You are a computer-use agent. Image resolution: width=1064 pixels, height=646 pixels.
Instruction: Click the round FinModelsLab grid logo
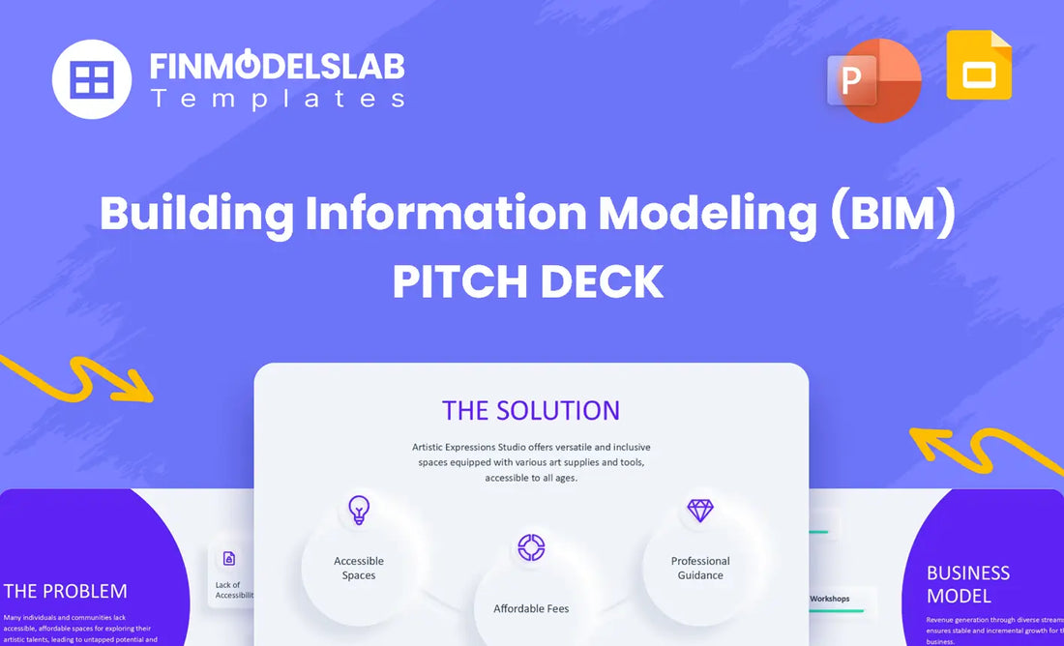(91, 79)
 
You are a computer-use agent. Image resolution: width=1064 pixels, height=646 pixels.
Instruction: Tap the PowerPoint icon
(873, 80)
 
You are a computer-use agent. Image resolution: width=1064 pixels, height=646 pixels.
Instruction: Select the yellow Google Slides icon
(979, 66)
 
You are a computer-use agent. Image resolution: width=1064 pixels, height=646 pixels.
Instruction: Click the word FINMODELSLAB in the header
(277, 66)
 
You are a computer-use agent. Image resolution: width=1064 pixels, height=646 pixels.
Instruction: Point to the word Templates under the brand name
(277, 98)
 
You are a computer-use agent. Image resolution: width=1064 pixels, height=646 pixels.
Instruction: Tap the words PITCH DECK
(528, 281)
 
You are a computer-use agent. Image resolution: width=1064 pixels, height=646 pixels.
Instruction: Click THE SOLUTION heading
(531, 410)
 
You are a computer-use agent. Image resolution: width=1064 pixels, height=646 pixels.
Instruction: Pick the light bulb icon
(359, 510)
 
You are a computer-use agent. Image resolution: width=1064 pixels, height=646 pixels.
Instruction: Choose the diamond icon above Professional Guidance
(699, 510)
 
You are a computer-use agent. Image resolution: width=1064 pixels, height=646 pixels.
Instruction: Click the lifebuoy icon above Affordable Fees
(531, 547)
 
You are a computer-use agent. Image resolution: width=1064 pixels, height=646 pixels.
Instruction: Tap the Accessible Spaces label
(359, 568)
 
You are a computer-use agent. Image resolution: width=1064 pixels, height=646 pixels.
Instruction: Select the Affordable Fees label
(531, 608)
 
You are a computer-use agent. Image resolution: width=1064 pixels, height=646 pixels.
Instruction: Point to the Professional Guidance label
(700, 568)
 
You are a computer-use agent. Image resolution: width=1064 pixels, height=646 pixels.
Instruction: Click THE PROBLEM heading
(66, 591)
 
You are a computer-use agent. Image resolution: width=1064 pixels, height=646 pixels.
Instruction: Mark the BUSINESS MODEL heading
(968, 584)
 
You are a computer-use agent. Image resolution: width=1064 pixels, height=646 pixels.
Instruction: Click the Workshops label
(829, 599)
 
